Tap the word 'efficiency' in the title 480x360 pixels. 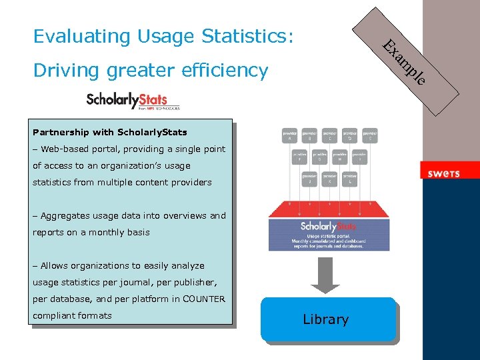coord(227,69)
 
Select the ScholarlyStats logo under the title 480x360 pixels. coord(133,101)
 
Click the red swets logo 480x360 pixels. coord(443,173)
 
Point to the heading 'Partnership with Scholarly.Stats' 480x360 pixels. coord(110,132)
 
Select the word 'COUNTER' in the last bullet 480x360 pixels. coord(204,299)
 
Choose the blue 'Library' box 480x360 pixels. coord(326,319)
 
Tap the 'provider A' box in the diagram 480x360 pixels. coord(290,135)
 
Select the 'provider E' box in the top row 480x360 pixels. coord(370,135)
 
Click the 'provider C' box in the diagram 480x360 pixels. coord(330,135)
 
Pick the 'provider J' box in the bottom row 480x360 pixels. coord(309,178)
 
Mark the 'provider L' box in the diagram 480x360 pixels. coord(350,178)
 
